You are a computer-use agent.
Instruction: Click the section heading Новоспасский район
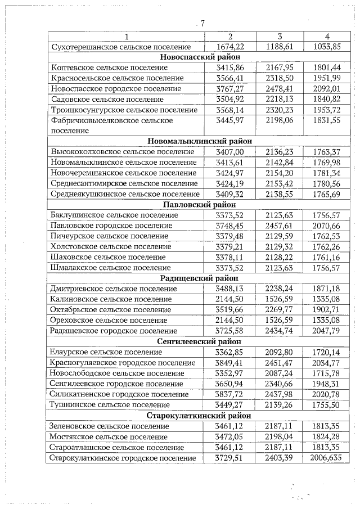click(200, 57)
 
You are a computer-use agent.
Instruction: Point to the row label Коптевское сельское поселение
click(106, 67)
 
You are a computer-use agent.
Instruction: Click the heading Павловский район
click(200, 204)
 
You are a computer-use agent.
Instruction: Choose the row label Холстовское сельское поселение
click(103, 246)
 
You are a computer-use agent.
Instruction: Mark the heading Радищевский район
click(200, 278)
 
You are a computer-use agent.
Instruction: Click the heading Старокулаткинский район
click(200, 416)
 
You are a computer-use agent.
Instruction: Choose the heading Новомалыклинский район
click(200, 141)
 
